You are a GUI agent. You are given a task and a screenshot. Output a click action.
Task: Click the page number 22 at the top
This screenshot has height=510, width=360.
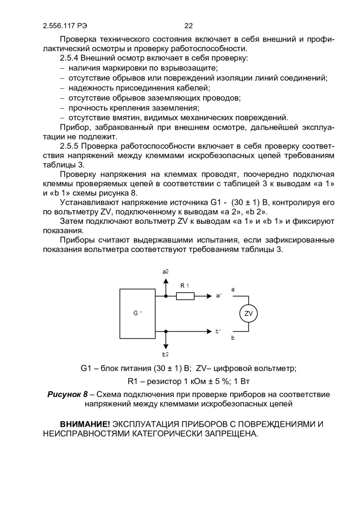[188, 26]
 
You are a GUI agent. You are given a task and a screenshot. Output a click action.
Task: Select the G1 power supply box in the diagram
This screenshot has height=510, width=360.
[137, 313]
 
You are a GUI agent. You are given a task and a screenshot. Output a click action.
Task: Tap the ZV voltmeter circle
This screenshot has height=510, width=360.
[248, 314]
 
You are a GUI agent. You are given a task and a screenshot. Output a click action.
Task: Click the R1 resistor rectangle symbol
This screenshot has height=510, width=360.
[185, 296]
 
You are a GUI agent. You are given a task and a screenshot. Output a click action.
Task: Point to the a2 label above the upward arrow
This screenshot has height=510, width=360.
[166, 271]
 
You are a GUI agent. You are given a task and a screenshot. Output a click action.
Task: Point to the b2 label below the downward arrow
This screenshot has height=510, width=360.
[166, 354]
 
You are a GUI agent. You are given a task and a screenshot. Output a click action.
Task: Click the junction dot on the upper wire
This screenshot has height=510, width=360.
[166, 296]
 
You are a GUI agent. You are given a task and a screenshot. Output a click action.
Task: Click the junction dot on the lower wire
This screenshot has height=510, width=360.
[166, 331]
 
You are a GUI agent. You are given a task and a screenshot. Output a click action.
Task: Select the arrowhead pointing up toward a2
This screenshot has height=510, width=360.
[166, 280]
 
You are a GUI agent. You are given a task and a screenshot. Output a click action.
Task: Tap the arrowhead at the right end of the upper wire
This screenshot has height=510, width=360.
[209, 296]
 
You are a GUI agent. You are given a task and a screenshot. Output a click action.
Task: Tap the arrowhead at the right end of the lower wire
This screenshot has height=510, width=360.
[209, 331]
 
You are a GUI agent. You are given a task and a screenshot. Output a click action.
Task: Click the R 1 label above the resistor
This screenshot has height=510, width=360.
[184, 285]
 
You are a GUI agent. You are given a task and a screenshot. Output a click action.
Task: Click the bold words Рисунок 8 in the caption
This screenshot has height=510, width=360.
[68, 394]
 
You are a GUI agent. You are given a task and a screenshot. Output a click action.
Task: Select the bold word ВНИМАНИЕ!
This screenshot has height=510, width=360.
[85, 424]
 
